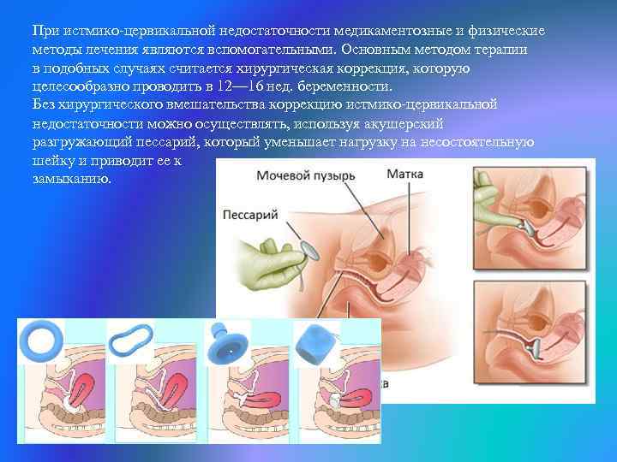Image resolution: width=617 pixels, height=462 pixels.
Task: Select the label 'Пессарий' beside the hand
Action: pyautogui.click(x=250, y=215)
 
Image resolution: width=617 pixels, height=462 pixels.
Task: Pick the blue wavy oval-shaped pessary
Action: pyautogui.click(x=130, y=340)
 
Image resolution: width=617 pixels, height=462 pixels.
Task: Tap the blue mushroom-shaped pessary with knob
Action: pyautogui.click(x=226, y=342)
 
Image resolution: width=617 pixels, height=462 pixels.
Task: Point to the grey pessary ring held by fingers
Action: pyautogui.click(x=312, y=251)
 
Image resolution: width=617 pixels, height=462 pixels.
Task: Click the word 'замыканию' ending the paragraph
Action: pyautogui.click(x=71, y=179)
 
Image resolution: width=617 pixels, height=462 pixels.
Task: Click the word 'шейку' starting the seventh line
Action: pyautogui.click(x=53, y=160)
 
